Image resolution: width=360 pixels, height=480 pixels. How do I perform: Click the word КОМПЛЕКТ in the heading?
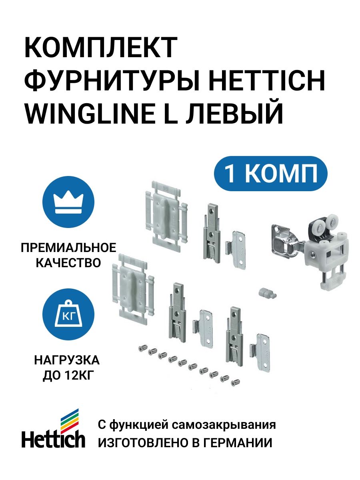tap(101, 48)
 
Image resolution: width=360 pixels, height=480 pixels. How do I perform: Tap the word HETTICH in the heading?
tap(267, 80)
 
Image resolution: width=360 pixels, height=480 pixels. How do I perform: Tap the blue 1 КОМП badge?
tap(271, 174)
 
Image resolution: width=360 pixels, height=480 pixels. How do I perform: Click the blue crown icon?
tap(68, 202)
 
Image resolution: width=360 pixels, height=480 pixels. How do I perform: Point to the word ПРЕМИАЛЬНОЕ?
tap(68, 248)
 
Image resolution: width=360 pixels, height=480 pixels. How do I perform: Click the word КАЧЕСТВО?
tap(68, 263)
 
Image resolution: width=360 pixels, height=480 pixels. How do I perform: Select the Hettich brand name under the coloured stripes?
tap(53, 440)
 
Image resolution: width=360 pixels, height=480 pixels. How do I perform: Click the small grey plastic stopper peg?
tap(268, 293)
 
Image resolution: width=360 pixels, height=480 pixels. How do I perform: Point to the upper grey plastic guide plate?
tap(166, 216)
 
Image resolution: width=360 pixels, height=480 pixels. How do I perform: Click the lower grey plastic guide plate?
tap(133, 289)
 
